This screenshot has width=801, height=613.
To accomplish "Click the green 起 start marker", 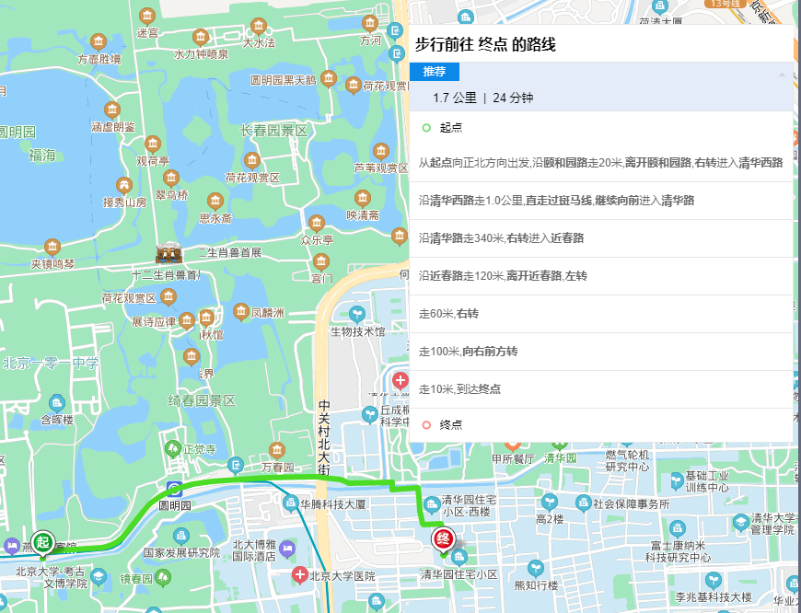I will [41, 541].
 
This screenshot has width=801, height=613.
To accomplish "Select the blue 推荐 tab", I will [435, 72].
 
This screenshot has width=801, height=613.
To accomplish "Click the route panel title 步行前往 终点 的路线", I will [485, 44].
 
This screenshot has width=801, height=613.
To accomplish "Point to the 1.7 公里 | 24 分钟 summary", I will [483, 98].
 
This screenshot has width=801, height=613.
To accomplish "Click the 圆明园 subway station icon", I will [174, 489].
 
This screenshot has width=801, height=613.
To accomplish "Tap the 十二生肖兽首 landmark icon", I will [168, 254].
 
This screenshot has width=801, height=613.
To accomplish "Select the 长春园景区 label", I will [273, 132].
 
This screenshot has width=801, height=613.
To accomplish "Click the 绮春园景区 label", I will [203, 400].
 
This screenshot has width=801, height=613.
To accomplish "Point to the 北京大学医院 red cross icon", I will [299, 575].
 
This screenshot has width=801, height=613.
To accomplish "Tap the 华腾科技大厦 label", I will [333, 504].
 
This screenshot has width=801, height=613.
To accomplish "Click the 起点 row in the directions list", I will [451, 128].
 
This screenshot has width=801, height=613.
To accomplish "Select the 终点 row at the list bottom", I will [451, 424].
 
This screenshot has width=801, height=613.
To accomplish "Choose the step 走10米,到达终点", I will [459, 389].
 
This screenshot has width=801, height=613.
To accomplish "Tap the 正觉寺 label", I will [199, 449].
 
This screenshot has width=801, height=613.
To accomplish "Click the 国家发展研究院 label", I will [181, 553].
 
